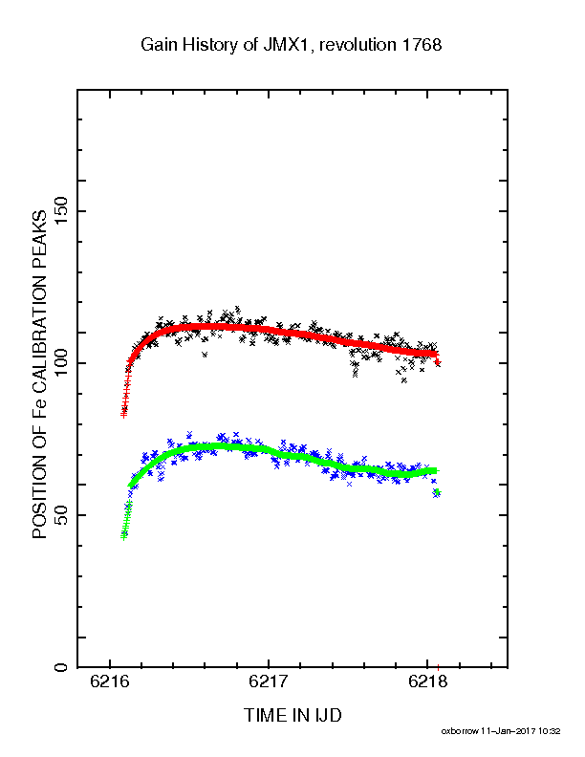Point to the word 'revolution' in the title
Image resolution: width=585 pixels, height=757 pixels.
coord(357,45)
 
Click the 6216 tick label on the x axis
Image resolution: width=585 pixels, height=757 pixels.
coord(110,681)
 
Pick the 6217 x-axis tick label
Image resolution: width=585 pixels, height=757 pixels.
coord(269,681)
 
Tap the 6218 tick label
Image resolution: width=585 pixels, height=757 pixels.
coord(427,681)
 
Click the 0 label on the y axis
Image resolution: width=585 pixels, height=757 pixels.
coord(61,667)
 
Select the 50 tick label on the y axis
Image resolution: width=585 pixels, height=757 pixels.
coord(61,515)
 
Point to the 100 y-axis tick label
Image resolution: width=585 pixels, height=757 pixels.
coord(61,363)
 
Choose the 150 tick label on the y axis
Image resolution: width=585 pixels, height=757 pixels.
coord(61,211)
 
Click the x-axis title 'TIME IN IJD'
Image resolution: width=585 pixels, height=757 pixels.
coord(293,715)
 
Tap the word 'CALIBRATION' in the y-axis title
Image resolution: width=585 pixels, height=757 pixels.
coord(39,334)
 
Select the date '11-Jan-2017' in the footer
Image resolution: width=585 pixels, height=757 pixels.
coord(509,731)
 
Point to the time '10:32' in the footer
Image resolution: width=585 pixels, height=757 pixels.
coord(550,731)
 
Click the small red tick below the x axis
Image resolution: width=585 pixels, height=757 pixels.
coord(438,669)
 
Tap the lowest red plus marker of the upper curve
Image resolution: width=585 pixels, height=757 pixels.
coord(123,415)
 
